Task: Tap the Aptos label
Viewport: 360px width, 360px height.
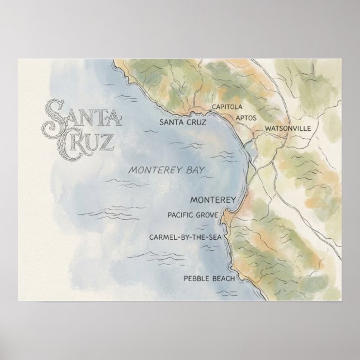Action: click(246, 118)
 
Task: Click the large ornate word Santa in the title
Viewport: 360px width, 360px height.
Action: click(82, 112)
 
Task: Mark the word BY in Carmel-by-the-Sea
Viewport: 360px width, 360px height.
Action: click(186, 237)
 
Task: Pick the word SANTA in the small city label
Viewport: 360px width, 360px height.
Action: click(171, 122)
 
